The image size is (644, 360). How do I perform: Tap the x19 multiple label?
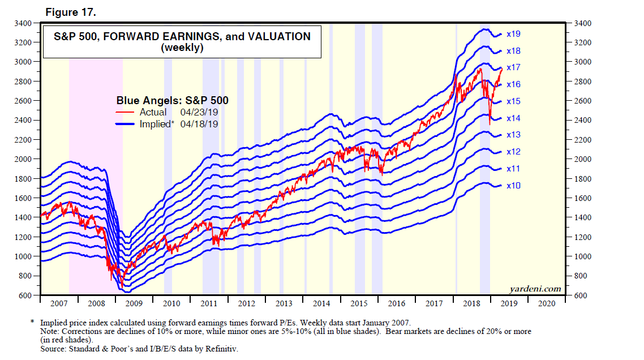tap(513, 34)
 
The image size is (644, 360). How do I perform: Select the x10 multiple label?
tap(513, 186)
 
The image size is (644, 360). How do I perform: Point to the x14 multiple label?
tap(513, 118)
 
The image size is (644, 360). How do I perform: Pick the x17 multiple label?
tap(513, 67)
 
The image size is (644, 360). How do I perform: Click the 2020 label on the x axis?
tap(547, 303)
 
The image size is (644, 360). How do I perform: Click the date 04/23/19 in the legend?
tap(199, 113)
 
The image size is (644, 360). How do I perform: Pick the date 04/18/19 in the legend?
tap(199, 124)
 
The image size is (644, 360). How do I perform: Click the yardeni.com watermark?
tap(535, 289)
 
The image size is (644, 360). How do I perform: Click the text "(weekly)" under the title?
tap(182, 48)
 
